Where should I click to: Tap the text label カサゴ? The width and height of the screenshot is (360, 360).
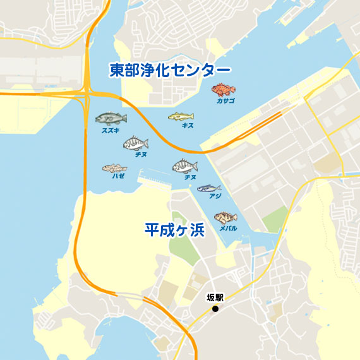225,101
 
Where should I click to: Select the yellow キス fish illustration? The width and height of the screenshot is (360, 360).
181,116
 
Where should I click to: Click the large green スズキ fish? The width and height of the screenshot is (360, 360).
111,118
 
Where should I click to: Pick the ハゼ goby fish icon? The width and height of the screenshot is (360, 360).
114,169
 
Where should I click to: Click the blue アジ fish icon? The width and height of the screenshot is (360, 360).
208,188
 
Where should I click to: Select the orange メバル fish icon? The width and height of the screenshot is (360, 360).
225,218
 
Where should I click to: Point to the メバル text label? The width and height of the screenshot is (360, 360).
228,228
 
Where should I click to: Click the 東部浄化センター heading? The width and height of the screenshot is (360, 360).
170,69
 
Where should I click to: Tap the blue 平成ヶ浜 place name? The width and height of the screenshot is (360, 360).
175,229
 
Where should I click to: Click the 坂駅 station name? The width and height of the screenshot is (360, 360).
215,297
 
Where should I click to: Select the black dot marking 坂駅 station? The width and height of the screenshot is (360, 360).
215,308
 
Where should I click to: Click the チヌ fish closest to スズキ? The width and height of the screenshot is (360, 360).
136,143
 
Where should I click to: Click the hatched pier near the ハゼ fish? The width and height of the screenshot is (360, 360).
155,180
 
